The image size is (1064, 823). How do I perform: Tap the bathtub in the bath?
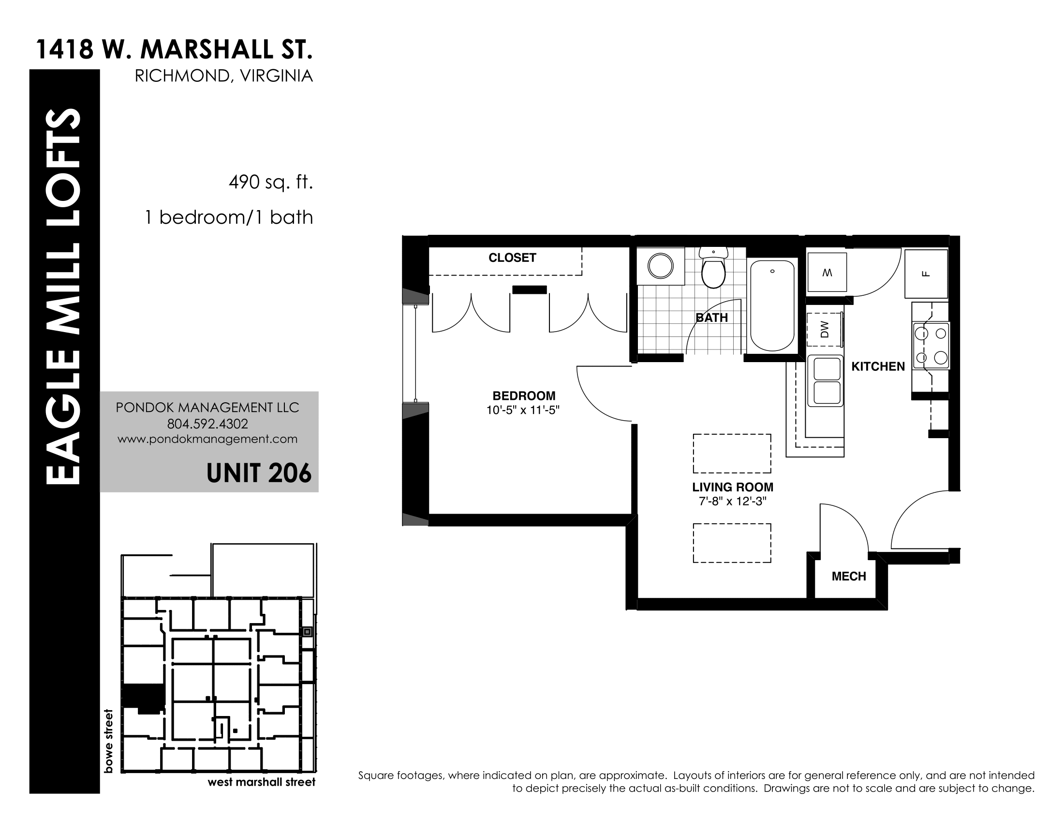[772, 305]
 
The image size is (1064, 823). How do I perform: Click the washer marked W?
[827, 273]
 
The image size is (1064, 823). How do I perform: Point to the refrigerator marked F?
[926, 274]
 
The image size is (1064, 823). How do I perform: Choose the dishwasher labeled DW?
[824, 330]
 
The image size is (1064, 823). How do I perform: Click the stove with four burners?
[931, 346]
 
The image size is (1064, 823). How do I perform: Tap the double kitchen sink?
[825, 381]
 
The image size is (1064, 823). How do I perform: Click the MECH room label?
[849, 576]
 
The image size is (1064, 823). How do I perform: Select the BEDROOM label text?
[524, 396]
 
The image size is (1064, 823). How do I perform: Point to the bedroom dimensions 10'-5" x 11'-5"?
[523, 411]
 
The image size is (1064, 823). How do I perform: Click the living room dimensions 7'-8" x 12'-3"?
[733, 501]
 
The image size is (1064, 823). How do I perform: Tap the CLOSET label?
[512, 258]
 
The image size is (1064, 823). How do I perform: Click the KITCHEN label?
[878, 366]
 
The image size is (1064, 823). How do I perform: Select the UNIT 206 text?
[259, 472]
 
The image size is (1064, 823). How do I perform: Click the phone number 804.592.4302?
[207, 424]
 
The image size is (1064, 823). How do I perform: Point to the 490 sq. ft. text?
[270, 183]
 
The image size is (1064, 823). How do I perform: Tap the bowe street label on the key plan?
[108, 741]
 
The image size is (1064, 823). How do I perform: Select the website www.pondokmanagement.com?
[207, 439]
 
